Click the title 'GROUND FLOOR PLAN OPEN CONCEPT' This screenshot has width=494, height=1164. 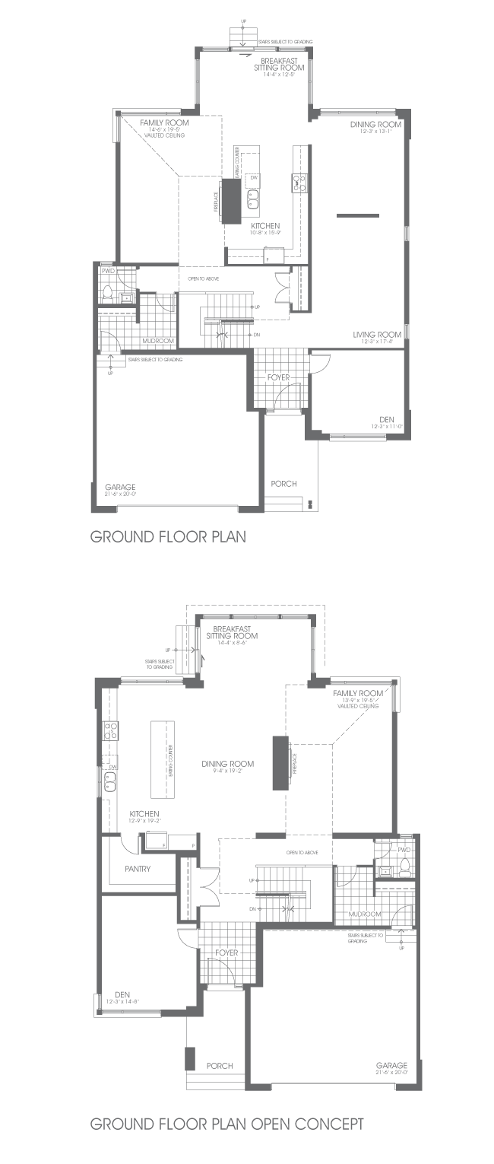tap(226, 1124)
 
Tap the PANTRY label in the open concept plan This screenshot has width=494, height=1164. tap(138, 868)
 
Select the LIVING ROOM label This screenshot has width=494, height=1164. tap(376, 334)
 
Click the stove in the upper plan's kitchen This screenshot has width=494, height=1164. tap(299, 182)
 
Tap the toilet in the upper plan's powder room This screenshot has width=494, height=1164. tap(109, 291)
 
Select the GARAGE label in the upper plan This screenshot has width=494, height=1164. tap(120, 486)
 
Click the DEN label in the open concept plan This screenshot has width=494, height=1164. tap(122, 994)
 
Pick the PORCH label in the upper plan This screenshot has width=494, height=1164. tap(283, 484)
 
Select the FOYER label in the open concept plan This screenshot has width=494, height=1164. tap(226, 953)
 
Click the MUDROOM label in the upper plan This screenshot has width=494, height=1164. tap(157, 341)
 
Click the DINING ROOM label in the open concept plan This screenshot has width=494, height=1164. tap(228, 764)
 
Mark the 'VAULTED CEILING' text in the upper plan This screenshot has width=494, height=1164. tap(163, 136)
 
